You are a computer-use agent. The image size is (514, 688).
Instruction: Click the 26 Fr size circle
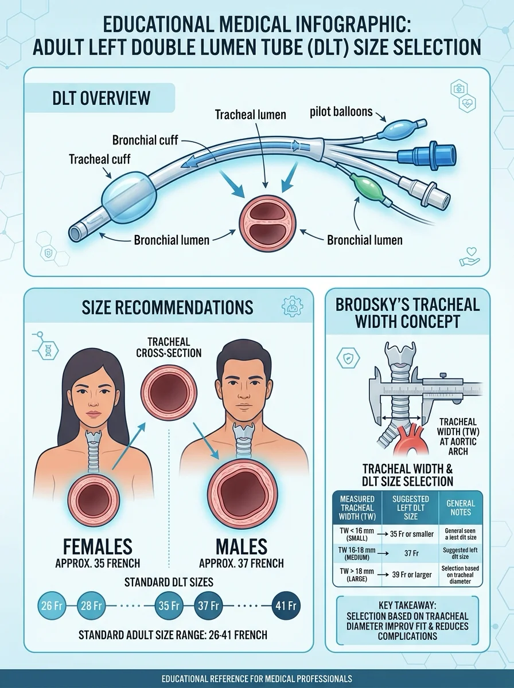coord(52,605)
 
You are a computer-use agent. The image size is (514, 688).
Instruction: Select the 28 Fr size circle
coord(91,605)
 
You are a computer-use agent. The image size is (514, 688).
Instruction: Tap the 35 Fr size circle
coord(169,605)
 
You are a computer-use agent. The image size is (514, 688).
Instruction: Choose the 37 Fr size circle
coord(208,605)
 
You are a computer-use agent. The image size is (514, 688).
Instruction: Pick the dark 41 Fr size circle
coord(286,605)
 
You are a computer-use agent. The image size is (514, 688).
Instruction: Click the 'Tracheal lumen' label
coord(250,115)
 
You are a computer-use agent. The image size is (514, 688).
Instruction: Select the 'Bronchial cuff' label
coord(145,140)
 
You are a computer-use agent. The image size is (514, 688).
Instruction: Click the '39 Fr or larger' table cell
coord(412,574)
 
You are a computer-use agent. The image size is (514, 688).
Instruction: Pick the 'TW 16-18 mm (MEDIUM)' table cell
coord(357,553)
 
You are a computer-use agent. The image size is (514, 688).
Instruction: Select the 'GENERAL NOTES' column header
coord(461,507)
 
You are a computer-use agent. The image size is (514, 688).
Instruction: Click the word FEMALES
coord(98,546)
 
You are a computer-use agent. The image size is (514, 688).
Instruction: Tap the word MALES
coord(241,546)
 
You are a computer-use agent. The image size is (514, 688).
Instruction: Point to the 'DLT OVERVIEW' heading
coord(101,98)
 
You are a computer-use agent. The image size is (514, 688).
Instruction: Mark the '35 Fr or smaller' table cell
coord(412,534)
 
